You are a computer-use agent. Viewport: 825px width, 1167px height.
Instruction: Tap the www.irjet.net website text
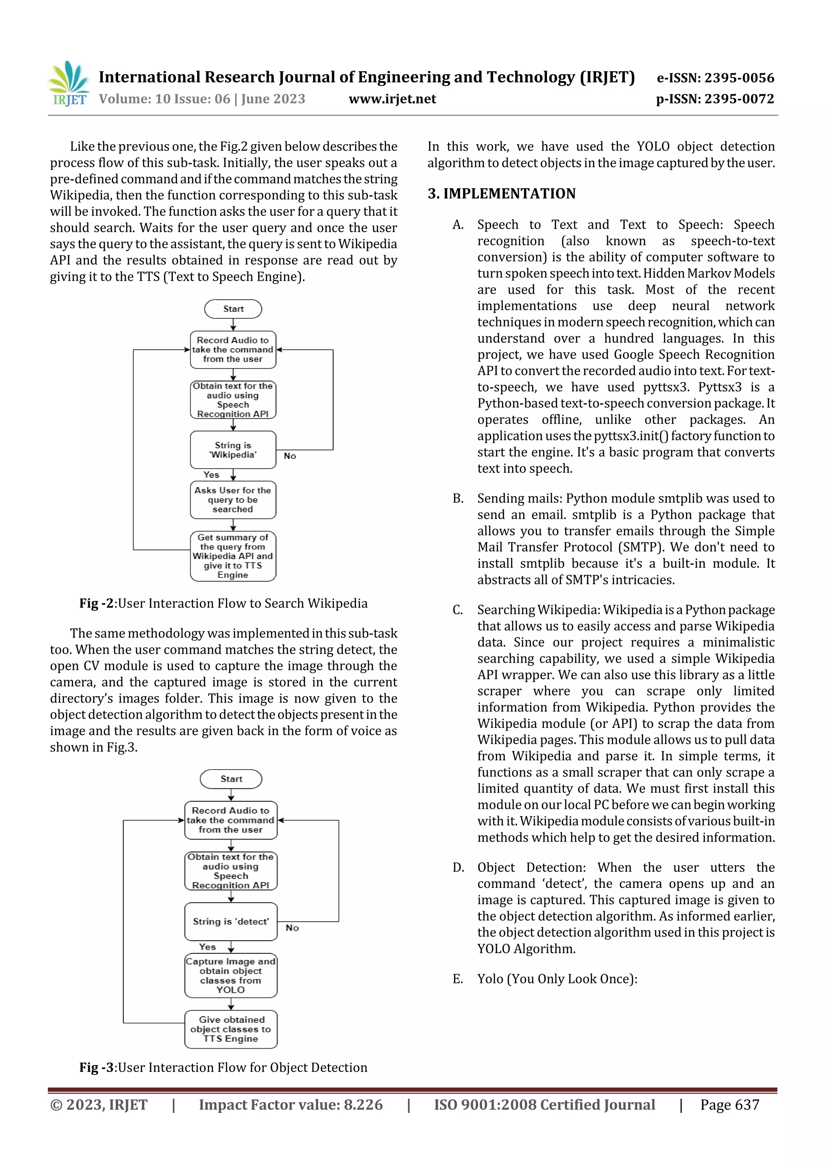[392, 99]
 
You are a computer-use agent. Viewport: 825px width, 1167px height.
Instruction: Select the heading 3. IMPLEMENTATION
[501, 194]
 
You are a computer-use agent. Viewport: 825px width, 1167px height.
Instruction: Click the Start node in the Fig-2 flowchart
[233, 309]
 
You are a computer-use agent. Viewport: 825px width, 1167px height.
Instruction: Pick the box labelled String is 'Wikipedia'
[233, 450]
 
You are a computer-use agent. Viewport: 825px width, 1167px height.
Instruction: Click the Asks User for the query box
[233, 500]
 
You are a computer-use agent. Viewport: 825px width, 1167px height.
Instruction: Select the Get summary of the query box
[233, 556]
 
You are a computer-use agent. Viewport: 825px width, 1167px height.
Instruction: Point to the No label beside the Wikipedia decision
[290, 456]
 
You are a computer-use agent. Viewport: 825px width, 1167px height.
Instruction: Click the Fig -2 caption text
[223, 603]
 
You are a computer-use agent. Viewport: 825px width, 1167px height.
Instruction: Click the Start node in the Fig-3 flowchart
[231, 779]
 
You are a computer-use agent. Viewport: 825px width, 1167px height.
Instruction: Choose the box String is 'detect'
[231, 922]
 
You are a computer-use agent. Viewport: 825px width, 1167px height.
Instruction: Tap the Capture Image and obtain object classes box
[231, 975]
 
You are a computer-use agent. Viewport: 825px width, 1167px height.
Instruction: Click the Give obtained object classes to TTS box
[231, 1029]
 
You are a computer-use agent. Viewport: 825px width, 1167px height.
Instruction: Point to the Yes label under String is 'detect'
[207, 947]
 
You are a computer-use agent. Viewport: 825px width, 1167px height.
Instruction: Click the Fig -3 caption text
[223, 1068]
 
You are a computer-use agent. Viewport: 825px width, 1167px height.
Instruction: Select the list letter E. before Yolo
[458, 979]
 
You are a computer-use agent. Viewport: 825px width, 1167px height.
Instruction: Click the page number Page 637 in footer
[730, 1105]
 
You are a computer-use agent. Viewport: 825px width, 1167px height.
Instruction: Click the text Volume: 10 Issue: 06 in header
[165, 99]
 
